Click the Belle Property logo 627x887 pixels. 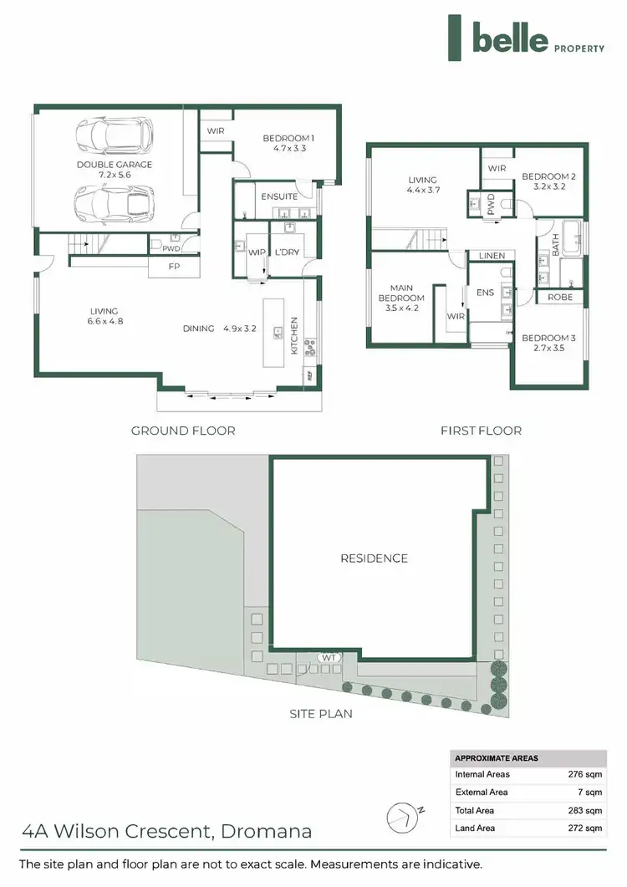click(526, 38)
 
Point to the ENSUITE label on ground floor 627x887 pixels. click(279, 196)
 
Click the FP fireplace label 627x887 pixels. click(174, 267)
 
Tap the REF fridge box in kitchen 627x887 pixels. click(309, 376)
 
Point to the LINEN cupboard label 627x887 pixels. click(492, 256)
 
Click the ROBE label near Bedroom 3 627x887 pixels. click(560, 297)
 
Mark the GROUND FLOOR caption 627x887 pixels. click(183, 431)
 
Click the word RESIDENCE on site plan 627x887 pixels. click(374, 558)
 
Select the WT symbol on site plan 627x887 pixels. click(329, 658)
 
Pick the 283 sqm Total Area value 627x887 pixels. click(584, 810)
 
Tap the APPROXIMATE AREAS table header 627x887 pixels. click(497, 758)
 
